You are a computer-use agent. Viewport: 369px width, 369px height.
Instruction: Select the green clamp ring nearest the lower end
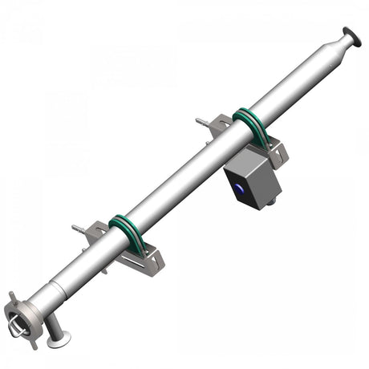pos(126,234)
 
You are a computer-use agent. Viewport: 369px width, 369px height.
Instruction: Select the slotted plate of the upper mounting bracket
pos(273,152)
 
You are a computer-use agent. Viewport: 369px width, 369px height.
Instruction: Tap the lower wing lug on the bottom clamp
pos(32,343)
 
